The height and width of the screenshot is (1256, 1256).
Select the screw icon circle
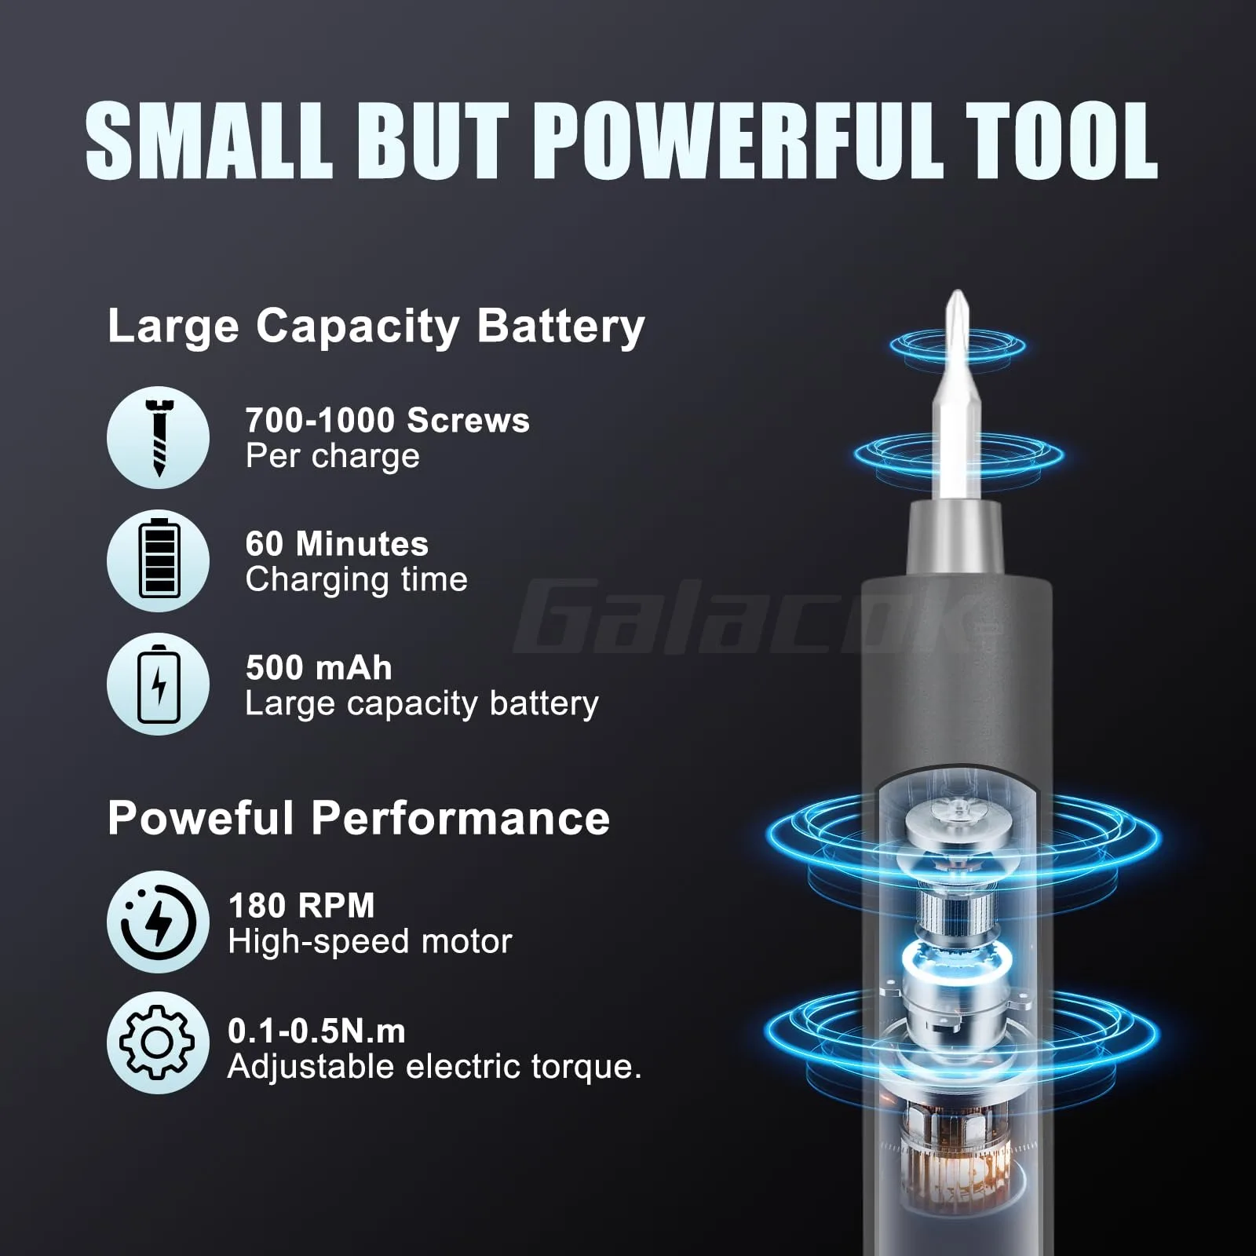158,437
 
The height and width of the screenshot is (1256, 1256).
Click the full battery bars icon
158,560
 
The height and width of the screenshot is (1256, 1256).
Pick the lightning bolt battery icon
158,684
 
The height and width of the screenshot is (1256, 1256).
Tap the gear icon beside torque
158,1042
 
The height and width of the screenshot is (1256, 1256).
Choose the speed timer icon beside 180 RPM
158,922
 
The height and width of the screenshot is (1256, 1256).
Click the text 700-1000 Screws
387,421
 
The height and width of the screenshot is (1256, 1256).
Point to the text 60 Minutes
337,544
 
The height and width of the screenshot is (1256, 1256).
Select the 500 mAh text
318,668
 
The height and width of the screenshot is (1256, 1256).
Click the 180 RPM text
301,906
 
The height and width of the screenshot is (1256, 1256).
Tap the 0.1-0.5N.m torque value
316,1031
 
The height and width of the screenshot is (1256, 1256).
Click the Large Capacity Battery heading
375,325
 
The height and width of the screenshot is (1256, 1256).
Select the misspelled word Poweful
199,818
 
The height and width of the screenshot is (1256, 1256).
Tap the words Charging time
356,580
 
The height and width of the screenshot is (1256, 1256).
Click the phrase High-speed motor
369,941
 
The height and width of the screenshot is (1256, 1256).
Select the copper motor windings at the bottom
954,1170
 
